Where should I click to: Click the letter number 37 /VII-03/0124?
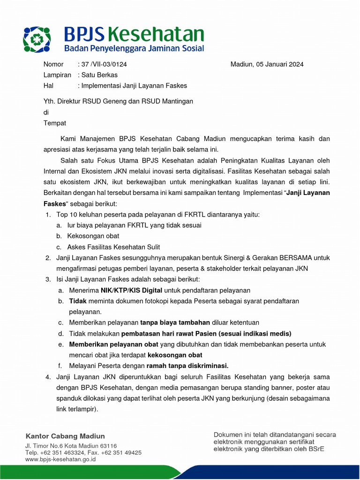104,64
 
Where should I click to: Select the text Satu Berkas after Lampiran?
99,75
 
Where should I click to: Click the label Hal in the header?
48,86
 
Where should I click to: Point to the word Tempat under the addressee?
55,123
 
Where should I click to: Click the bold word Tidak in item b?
78,301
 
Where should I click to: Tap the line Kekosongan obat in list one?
93,236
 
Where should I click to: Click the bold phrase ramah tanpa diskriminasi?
187,366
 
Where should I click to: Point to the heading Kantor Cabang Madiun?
65,436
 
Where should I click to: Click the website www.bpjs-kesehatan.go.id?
60,460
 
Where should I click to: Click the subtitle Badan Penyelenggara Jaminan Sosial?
134,48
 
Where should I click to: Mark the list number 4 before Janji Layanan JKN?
48,376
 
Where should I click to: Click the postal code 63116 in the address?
109,446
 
